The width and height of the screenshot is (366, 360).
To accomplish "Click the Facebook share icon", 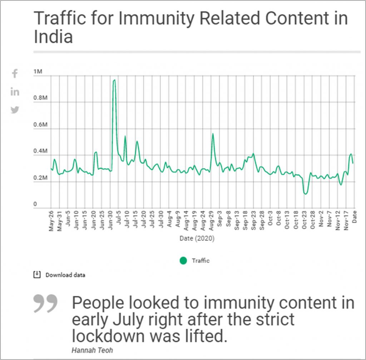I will point(15,74).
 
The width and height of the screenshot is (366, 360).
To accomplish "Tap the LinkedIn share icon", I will point(15,92).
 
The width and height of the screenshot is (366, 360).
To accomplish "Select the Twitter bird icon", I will point(15,110).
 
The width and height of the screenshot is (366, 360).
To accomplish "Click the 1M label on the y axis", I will point(38,72).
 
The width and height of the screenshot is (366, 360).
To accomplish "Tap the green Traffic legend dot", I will point(183,261).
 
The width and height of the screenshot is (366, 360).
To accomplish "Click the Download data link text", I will point(65,275).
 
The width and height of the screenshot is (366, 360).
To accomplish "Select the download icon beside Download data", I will point(36,275).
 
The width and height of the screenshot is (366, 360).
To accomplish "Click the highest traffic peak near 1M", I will point(114,80).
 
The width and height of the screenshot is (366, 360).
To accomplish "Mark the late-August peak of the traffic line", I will point(213,134).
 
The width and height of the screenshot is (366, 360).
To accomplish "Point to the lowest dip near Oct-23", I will point(305,194).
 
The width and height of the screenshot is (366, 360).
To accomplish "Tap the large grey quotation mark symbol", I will point(45,303).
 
